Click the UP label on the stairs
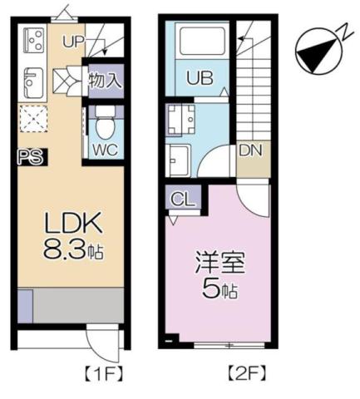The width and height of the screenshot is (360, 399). [x=73, y=40]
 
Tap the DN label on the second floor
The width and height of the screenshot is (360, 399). [x=253, y=152]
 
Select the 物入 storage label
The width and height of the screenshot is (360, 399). [x=105, y=81]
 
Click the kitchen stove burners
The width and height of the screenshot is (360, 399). [x=33, y=40]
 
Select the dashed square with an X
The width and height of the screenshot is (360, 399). [x=33, y=122]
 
